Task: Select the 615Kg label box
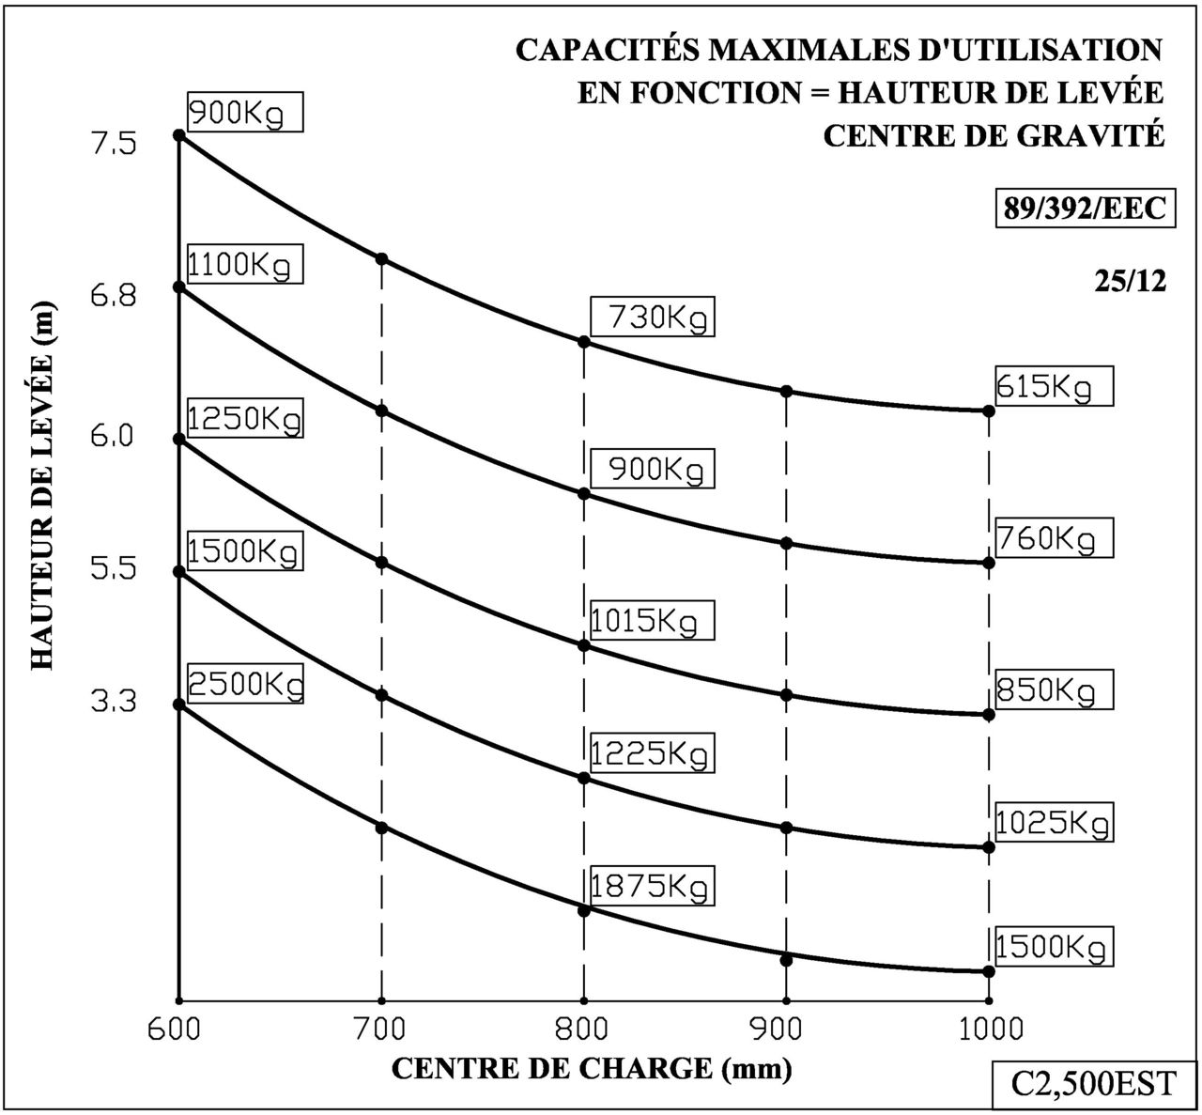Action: (x=1055, y=385)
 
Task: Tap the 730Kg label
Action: (x=653, y=317)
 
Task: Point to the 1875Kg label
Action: (x=653, y=886)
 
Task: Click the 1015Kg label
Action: (x=653, y=621)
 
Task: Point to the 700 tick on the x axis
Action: (x=381, y=1029)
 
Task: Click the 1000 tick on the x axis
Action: (x=988, y=1029)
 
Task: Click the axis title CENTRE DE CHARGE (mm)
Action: (x=591, y=1068)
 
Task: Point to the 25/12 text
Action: (x=1130, y=281)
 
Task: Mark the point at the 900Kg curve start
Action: (x=178, y=135)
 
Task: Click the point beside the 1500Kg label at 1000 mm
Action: (x=988, y=971)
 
